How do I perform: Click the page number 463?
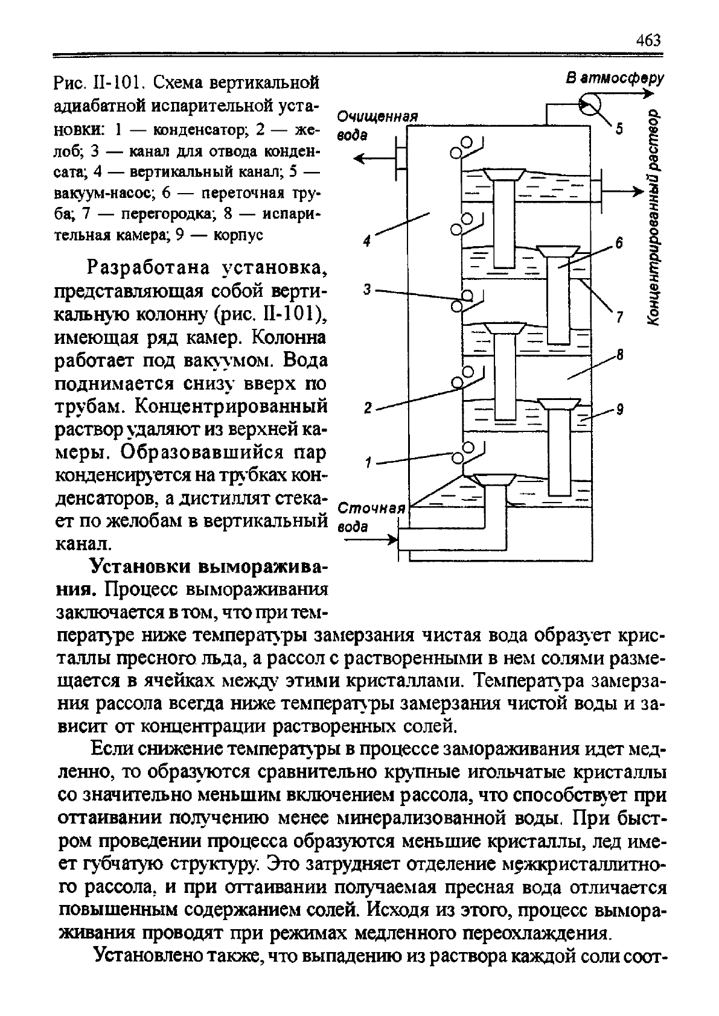(x=648, y=40)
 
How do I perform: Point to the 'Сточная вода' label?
(x=369, y=516)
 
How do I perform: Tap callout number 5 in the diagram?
(x=619, y=130)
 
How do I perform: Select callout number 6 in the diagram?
(x=618, y=244)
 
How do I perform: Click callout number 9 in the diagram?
(x=619, y=410)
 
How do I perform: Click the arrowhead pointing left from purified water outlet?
(x=360, y=159)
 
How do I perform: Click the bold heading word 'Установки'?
(x=141, y=568)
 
